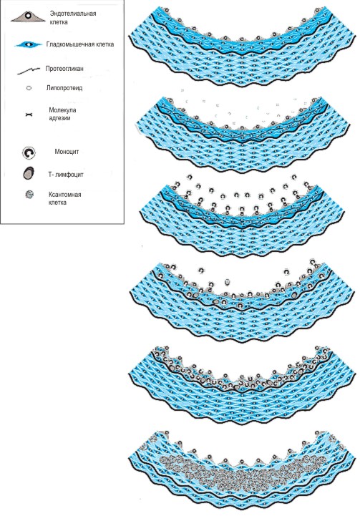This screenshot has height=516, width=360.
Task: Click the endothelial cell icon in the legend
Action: [28, 16]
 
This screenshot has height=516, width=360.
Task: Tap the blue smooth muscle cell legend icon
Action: [29, 44]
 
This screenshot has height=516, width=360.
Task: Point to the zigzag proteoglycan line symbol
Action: [29, 71]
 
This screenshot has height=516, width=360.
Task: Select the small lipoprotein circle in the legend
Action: [29, 88]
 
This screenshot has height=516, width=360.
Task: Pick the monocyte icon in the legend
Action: [29, 152]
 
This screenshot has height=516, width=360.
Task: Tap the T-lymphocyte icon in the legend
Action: [29, 173]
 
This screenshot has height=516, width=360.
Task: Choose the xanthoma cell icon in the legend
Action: [29, 195]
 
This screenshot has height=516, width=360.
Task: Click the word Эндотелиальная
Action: [73, 14]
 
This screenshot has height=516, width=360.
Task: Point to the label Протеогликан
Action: [64, 69]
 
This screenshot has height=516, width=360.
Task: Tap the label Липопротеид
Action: [64, 88]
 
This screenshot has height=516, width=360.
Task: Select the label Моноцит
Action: [67, 152]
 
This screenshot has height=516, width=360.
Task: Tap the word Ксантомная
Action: [65, 194]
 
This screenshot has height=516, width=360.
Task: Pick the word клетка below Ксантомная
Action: [57, 202]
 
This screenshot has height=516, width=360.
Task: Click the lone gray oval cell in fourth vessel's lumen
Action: [226, 282]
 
